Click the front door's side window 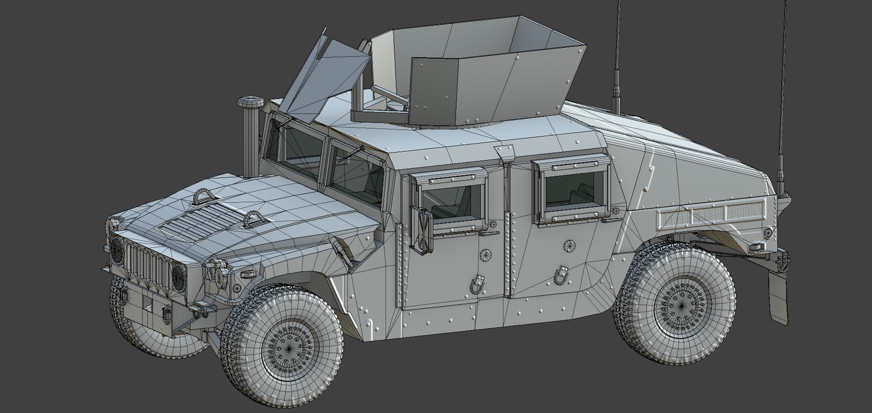click(x=451, y=202)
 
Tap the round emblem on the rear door click(x=569, y=246)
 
